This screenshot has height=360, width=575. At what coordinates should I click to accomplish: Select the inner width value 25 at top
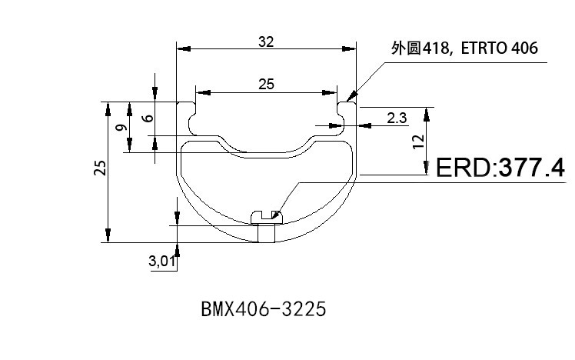click(x=266, y=85)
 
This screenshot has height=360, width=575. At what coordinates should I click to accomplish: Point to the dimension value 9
click(x=121, y=127)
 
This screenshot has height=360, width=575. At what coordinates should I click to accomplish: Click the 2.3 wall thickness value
click(x=397, y=118)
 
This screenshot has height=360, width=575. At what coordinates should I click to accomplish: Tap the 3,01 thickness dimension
click(x=162, y=262)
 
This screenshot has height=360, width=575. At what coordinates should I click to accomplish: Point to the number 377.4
click(x=532, y=168)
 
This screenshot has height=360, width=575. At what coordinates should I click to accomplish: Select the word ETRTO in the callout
click(x=483, y=48)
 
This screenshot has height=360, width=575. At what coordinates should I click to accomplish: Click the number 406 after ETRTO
click(x=523, y=48)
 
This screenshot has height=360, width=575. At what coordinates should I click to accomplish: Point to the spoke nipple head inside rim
click(x=266, y=217)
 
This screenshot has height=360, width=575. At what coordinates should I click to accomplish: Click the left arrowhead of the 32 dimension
click(x=181, y=48)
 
